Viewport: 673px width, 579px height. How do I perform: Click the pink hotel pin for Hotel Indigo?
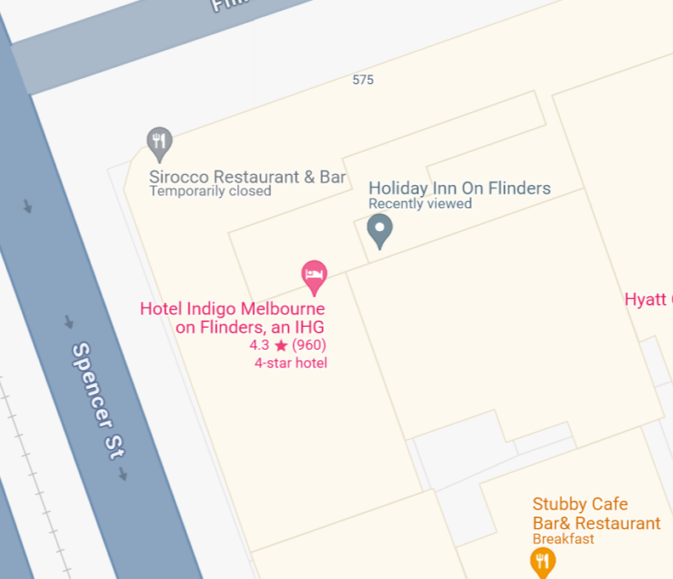click(x=314, y=275)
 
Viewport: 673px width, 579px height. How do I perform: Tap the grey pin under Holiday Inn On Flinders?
click(x=379, y=229)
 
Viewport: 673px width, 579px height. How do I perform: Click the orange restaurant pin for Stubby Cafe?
click(x=542, y=560)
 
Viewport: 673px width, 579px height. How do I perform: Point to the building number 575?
click(x=363, y=80)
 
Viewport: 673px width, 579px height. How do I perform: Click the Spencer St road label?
click(x=95, y=402)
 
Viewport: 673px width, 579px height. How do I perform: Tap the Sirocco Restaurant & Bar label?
click(x=247, y=177)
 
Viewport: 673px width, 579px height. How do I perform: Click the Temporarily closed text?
click(x=210, y=191)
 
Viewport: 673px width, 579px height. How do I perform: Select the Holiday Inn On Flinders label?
click(x=459, y=188)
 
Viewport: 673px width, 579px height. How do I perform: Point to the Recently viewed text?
click(x=420, y=204)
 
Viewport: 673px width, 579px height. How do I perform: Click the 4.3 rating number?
click(x=259, y=346)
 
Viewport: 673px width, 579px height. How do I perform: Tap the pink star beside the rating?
click(x=280, y=346)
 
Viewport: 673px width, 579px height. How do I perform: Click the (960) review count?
click(x=309, y=346)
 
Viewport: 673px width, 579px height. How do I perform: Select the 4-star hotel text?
click(x=291, y=363)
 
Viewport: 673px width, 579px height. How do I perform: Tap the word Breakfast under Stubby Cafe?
click(x=563, y=539)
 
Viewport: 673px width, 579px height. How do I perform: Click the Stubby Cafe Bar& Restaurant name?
click(x=596, y=514)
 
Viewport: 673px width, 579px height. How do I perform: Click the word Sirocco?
click(x=178, y=177)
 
